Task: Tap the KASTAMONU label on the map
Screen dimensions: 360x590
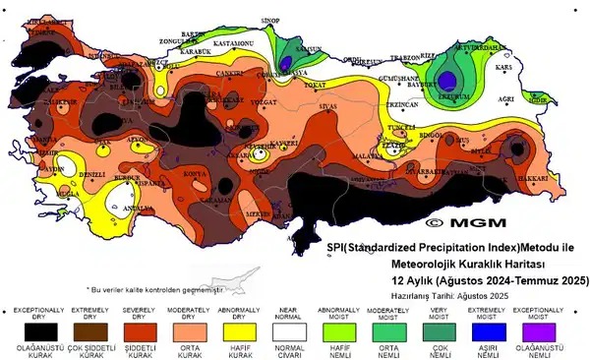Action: [236, 44]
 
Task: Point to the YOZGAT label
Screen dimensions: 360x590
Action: [266, 101]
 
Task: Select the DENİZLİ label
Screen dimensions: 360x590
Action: [93, 173]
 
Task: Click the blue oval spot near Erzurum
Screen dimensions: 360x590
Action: [450, 79]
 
